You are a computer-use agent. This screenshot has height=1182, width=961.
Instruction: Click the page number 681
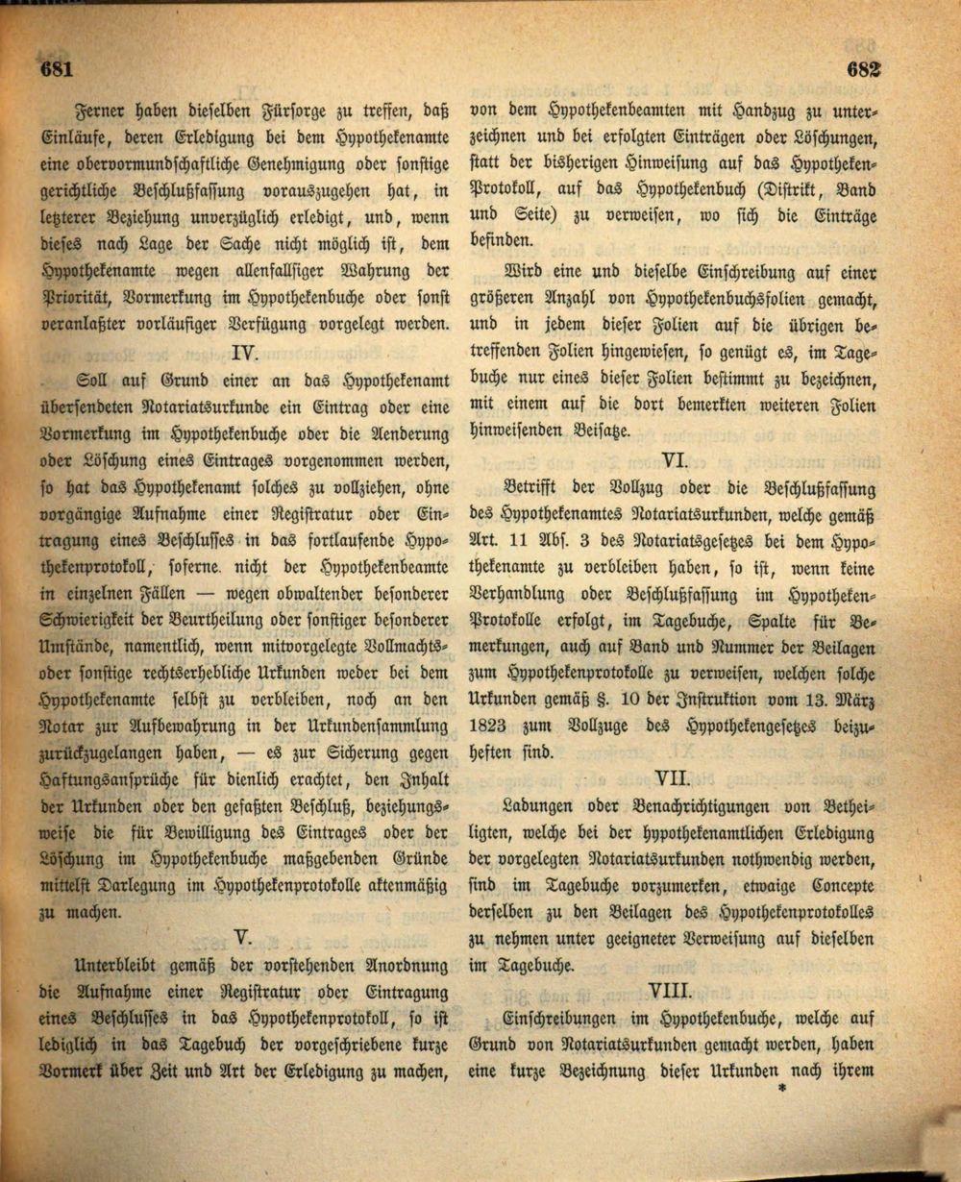click(57, 70)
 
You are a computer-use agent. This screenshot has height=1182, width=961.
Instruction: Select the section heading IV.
click(246, 353)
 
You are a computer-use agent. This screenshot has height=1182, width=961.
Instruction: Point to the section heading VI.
click(678, 460)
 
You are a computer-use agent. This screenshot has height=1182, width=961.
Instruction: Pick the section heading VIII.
click(678, 990)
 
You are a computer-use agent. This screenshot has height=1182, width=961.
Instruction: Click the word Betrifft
click(539, 489)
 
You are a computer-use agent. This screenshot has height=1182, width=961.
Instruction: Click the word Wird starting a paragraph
click(528, 273)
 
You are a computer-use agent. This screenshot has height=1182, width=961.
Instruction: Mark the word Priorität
click(74, 298)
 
